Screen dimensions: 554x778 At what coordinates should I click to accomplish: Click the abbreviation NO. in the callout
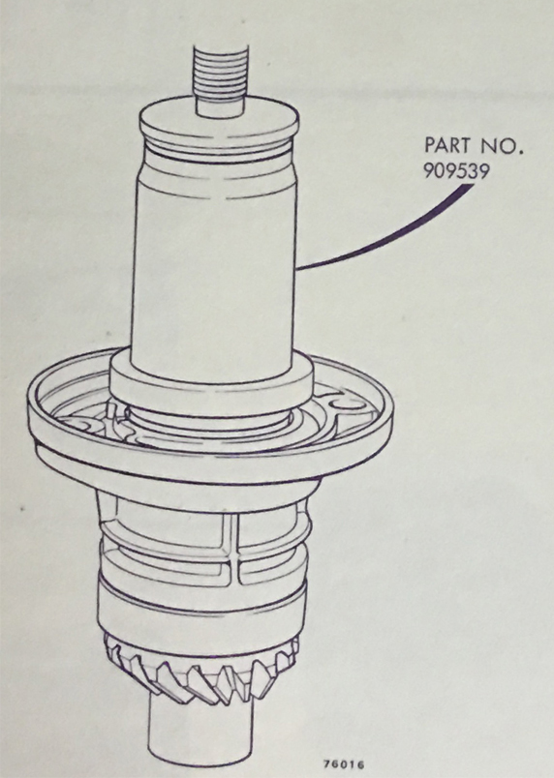click(502, 146)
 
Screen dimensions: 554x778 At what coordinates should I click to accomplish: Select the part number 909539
click(457, 171)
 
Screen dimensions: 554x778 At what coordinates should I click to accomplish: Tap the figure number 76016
click(344, 764)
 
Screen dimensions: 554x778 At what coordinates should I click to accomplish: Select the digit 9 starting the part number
click(428, 171)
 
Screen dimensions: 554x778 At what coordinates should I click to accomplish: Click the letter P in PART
click(430, 146)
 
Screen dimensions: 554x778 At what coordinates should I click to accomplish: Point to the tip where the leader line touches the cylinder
click(298, 268)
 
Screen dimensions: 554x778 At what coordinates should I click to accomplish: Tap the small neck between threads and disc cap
click(220, 106)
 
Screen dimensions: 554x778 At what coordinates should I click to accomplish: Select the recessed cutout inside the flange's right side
click(350, 406)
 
